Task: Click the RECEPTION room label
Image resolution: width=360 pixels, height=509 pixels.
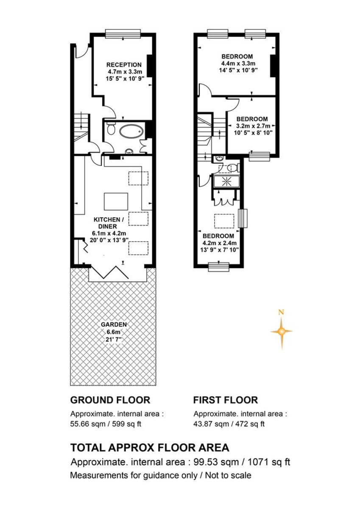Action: tap(124, 65)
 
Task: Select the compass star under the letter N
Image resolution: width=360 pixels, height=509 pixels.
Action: tap(282, 332)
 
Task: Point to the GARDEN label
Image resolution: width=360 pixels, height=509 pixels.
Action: tap(114, 324)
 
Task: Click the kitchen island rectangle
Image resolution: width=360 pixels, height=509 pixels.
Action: tap(116, 201)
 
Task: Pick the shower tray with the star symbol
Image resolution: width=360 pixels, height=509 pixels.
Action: tap(226, 182)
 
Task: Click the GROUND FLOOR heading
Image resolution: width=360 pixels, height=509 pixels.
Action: tap(110, 400)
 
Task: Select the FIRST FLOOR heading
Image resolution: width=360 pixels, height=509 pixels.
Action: tap(226, 400)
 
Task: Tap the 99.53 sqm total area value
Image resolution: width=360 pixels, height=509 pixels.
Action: tap(216, 456)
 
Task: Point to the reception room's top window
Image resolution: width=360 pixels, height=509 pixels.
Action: tap(123, 33)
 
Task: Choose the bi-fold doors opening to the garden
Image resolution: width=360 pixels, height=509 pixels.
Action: tap(110, 272)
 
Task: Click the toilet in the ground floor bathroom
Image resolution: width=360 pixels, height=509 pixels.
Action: tap(111, 129)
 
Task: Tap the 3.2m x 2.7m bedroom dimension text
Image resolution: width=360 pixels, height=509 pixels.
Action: tap(253, 126)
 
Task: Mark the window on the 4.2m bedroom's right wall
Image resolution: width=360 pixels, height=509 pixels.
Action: tap(243, 218)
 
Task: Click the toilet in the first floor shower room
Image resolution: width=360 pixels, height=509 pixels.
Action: tap(233, 168)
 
